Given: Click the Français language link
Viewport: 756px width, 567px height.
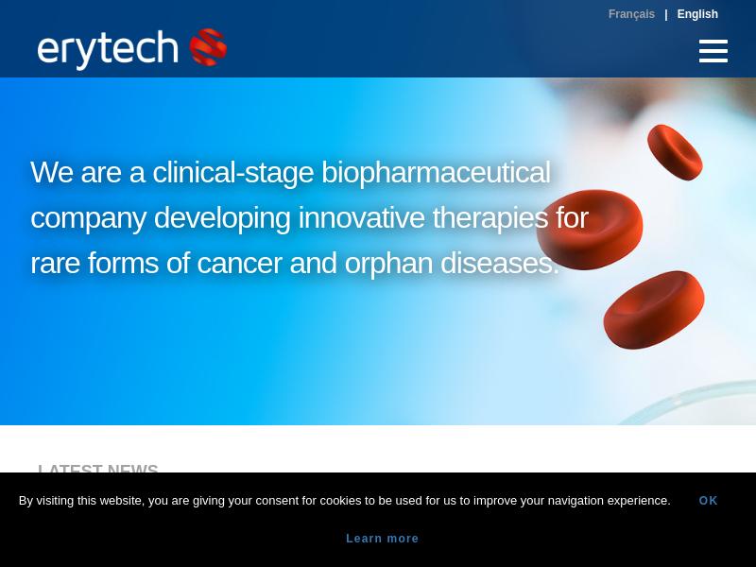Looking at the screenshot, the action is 631,14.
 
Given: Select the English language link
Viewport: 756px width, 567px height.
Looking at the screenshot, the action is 697,14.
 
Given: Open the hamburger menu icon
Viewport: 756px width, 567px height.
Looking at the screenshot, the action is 713,51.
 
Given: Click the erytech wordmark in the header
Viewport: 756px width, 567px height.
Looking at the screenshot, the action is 108,49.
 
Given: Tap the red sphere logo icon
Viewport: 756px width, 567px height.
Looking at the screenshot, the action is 208,46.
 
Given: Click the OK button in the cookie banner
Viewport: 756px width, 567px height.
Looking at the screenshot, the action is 708,501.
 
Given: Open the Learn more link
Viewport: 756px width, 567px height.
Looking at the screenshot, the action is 383,539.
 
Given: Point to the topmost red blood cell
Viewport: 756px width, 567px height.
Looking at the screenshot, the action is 675,152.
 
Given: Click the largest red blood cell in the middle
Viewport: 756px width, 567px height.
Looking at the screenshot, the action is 589,230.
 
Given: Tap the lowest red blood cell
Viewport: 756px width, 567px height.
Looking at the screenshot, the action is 654,310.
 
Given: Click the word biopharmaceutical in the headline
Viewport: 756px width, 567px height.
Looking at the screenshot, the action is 436,172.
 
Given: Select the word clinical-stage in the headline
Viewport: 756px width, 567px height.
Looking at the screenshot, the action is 232,173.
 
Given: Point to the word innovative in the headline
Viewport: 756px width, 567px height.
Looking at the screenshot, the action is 362,217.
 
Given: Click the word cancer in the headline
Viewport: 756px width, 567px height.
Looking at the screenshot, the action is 239,264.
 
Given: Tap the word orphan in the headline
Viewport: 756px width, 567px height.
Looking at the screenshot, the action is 388,264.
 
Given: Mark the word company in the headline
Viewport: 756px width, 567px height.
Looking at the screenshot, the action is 88,218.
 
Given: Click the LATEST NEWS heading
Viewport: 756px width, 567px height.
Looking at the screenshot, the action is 98,468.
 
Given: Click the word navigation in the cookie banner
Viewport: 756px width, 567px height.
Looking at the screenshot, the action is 576,501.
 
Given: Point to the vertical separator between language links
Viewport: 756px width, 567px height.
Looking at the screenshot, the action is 666,15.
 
